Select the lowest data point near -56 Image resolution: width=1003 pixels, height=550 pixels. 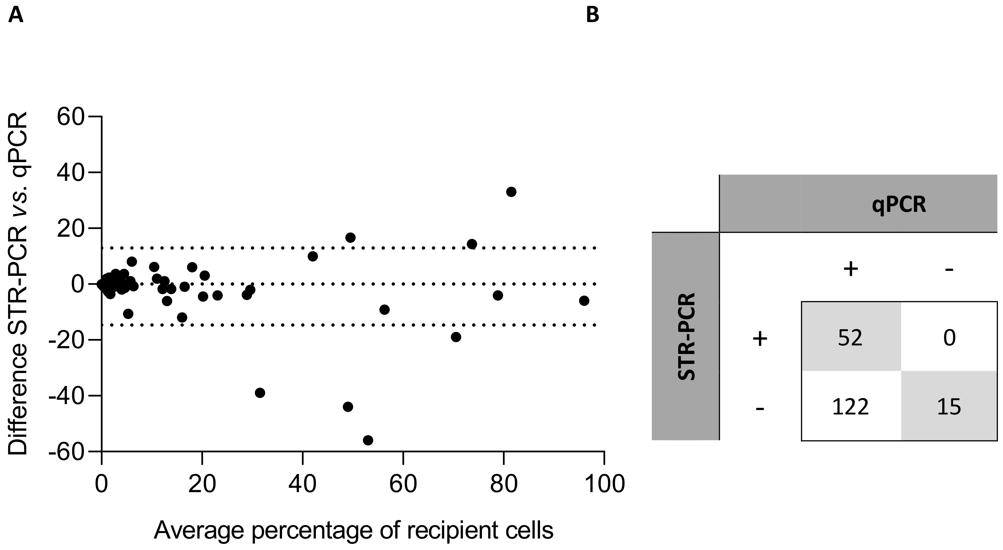pos(368,440)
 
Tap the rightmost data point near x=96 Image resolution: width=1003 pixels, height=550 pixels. pos(584,300)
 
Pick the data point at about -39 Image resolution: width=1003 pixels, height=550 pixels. pos(260,393)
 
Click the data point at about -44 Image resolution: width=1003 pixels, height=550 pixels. pos(348,407)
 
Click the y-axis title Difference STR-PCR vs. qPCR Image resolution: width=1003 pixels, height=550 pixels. pos(18,283)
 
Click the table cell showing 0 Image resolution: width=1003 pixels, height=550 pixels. pos(949,338)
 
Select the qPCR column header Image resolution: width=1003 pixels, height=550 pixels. pos(899,204)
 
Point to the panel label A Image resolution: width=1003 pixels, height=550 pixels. pos(16,16)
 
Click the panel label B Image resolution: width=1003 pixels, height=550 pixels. pos(592,16)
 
